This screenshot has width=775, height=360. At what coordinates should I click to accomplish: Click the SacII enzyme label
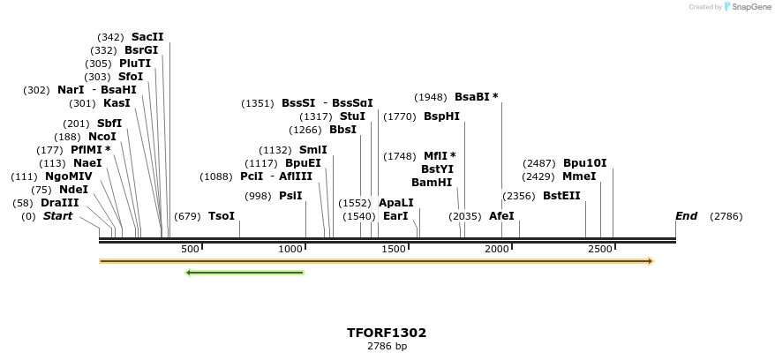147,37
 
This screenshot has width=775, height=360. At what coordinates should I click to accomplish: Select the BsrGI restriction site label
141,50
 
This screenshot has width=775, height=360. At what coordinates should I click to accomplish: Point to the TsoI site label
222,216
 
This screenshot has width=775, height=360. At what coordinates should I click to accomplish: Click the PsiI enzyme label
290,196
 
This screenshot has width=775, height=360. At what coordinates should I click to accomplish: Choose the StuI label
352,116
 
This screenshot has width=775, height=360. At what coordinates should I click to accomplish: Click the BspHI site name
441,116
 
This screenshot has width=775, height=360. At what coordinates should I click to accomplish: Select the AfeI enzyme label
501,216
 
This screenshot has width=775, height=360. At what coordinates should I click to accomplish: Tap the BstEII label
561,196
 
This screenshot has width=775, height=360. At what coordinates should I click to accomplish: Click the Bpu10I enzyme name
584,163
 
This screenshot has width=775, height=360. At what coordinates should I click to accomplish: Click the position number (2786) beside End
726,216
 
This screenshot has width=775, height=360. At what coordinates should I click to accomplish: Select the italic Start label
57,216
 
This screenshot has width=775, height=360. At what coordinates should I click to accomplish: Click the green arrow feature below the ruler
245,273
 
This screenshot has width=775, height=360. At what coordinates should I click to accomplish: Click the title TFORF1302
387,333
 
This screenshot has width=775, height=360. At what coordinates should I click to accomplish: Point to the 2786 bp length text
387,346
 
